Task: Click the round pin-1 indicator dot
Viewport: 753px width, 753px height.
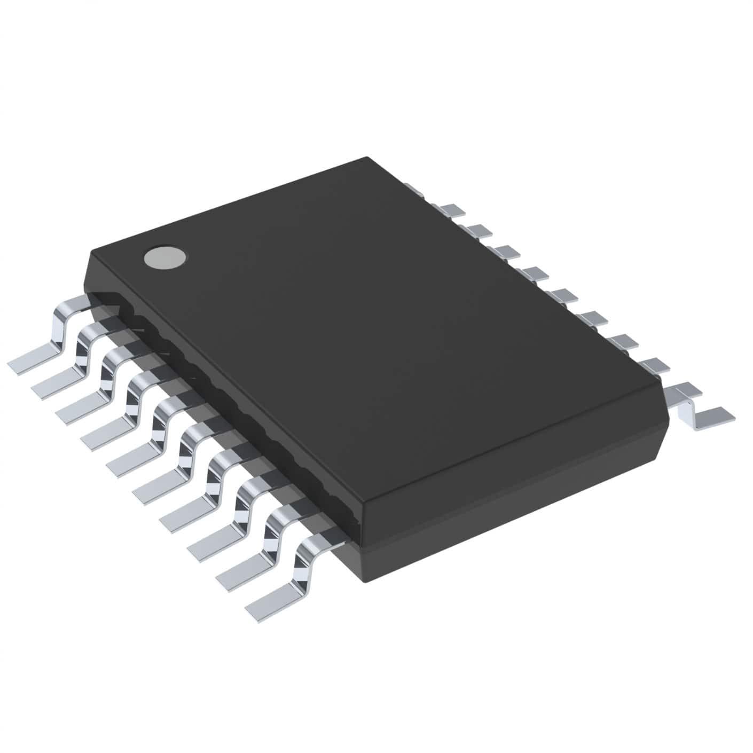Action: pos(166,257)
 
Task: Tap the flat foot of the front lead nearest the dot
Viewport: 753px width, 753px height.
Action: pos(32,360)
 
